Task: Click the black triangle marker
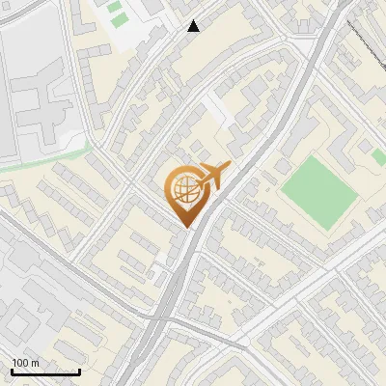coord(194,26)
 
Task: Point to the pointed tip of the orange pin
coord(184,227)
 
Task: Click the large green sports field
coord(319,191)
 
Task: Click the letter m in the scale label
coord(36,362)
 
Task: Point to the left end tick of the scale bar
coord(12,371)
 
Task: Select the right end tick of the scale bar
coord(80,371)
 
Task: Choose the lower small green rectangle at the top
coord(119,20)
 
